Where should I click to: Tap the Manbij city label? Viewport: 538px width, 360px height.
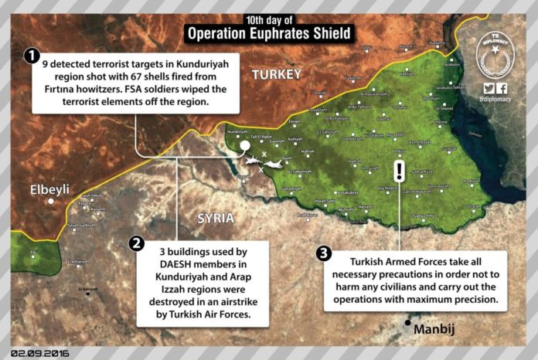tap(433, 330)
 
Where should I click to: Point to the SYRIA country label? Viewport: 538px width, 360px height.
tap(215, 218)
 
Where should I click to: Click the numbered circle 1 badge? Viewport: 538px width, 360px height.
tap(32, 56)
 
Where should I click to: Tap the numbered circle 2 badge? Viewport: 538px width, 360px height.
tap(137, 243)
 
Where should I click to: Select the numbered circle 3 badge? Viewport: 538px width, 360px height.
tap(324, 253)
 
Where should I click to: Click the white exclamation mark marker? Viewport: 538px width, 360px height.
tap(399, 171)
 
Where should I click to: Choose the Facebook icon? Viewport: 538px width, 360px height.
tap(502, 89)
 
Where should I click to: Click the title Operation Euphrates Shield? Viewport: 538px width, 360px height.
tap(268, 34)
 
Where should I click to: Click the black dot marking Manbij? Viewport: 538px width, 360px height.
tap(407, 323)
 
